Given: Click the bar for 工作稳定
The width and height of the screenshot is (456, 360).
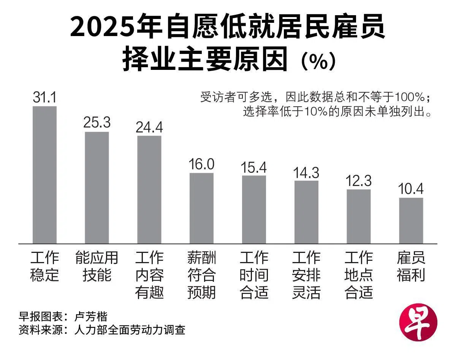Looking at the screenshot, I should coord(44,175).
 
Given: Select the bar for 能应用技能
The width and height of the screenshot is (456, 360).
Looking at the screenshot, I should coord(97,188).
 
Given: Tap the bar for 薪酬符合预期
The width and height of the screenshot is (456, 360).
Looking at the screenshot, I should coord(201,208).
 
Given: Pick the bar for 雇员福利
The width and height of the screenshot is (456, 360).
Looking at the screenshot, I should coord(411,220).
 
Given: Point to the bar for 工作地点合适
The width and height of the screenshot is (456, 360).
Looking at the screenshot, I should coord(358,216).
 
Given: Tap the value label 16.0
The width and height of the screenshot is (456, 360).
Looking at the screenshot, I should coord(201,164).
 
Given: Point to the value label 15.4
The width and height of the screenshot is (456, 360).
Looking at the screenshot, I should coord(254,167).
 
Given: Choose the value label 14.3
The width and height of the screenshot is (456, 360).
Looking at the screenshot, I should coord(306,172).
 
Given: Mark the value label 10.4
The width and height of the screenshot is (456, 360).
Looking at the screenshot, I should coord(411,189).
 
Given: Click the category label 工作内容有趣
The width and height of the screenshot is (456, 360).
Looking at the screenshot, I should coord(149,275).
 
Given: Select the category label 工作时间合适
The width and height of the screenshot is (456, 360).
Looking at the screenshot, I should coord(254,275).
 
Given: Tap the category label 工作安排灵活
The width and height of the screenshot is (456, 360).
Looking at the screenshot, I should coord(306,275).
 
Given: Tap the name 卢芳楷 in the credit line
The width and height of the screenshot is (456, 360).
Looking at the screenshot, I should coord(91,316).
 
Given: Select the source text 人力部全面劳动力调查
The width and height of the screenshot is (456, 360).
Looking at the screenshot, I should coord(130,330).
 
